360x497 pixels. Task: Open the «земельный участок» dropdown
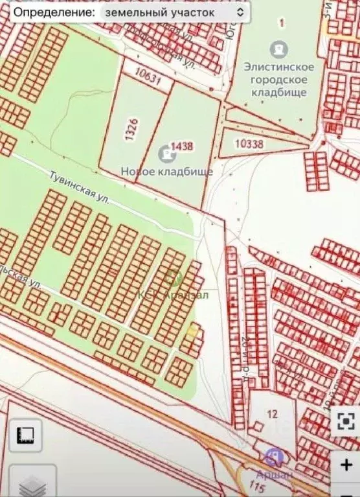174,12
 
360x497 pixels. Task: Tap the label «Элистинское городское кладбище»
279,79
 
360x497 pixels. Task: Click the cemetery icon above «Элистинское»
280,48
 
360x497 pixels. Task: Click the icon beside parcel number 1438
166,154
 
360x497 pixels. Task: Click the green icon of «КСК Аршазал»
172,278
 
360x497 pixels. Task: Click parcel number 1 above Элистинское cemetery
280,23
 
